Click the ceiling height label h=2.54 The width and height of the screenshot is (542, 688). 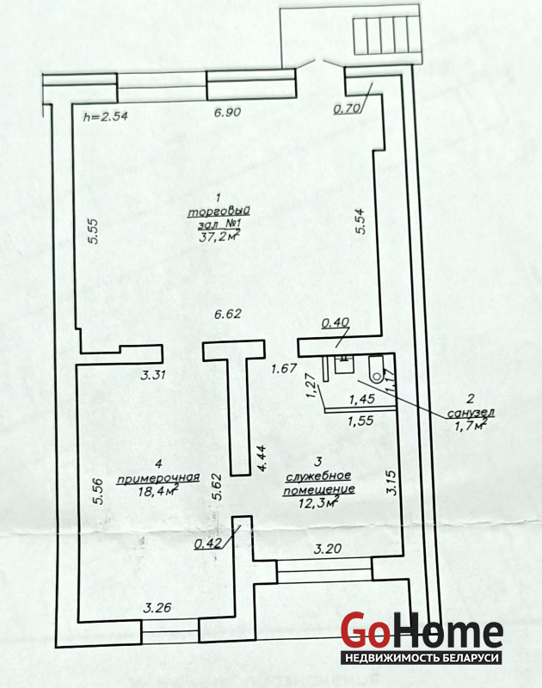click(x=105, y=116)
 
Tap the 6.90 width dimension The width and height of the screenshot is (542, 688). click(x=227, y=113)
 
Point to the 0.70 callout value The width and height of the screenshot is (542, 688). click(x=347, y=108)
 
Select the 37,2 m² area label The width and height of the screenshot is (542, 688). click(x=219, y=236)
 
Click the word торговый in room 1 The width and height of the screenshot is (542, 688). click(x=219, y=211)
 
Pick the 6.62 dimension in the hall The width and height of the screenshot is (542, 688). click(x=227, y=314)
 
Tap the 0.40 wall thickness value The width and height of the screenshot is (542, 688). click(x=336, y=323)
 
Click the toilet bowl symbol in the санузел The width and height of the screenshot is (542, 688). click(x=377, y=369)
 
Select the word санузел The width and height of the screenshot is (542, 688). click(x=471, y=413)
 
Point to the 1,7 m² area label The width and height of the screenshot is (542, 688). click(x=469, y=425)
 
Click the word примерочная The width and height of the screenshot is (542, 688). click(x=158, y=478)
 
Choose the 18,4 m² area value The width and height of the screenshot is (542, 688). click(x=158, y=490)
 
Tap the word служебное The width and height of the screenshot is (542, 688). click(x=318, y=476)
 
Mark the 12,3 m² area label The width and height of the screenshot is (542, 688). click(x=318, y=502)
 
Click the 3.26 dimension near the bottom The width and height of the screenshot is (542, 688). click(x=157, y=608)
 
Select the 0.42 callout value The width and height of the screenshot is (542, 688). click(x=207, y=544)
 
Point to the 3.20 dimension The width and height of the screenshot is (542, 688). click(x=328, y=549)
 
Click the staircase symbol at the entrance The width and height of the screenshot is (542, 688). click(x=385, y=34)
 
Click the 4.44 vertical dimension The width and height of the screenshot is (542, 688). click(x=262, y=458)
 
